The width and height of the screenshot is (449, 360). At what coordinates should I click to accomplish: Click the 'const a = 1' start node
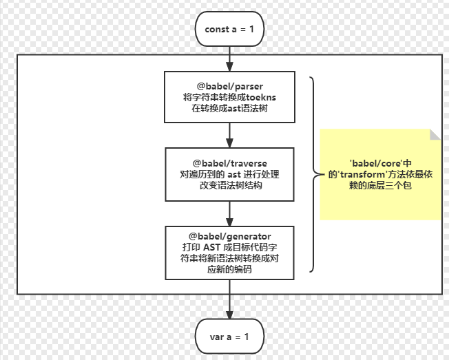[229, 29]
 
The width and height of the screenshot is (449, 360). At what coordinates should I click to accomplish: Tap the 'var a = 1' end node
[229, 337]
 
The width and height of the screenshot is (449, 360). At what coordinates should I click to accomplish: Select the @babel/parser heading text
[229, 86]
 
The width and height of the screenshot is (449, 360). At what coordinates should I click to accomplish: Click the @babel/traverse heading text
[229, 163]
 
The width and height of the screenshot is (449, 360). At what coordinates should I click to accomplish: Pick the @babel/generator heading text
[229, 236]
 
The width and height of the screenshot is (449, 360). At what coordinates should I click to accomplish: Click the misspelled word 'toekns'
[261, 97]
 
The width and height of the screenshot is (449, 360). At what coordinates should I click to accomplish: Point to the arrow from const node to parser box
[229, 59]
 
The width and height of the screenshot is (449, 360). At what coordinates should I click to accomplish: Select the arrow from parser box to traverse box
[229, 136]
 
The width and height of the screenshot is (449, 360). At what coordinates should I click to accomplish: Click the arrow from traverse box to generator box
[229, 214]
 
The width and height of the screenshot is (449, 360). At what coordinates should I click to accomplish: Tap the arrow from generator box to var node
[229, 299]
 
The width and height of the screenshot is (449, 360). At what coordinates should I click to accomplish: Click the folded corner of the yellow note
[435, 134]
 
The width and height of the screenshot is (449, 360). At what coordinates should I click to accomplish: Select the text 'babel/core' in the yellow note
[376, 163]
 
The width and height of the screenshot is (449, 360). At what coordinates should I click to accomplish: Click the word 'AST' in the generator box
[212, 247]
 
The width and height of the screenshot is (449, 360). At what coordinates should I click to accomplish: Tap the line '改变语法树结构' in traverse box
[231, 185]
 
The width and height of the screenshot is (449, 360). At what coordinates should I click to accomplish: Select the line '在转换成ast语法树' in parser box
[229, 109]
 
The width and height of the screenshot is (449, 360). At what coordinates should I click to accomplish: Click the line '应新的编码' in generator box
[229, 269]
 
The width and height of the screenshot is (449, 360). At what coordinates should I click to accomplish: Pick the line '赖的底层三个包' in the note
[380, 185]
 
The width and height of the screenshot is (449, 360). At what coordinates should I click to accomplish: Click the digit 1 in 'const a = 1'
[251, 29]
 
